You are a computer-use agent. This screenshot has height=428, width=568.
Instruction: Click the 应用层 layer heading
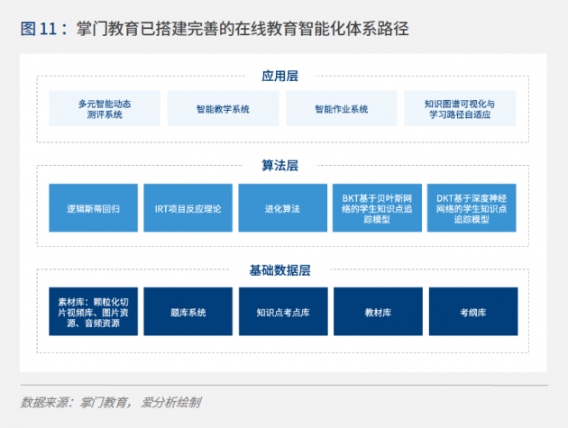(x=279, y=76)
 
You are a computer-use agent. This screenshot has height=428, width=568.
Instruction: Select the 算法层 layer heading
(x=279, y=166)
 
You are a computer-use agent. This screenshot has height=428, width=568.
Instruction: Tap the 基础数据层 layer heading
(x=279, y=270)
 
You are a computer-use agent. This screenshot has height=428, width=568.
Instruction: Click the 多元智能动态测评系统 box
(x=105, y=109)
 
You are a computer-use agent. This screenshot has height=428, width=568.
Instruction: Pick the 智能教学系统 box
(x=223, y=109)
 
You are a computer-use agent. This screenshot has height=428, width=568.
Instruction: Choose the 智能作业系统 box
(x=341, y=109)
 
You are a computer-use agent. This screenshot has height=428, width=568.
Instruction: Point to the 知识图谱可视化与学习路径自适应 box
(x=460, y=109)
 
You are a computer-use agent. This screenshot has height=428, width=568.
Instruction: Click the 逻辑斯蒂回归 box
(x=93, y=208)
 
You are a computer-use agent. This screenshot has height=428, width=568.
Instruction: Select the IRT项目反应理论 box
(x=188, y=208)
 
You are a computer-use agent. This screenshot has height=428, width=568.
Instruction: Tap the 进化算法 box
(x=282, y=208)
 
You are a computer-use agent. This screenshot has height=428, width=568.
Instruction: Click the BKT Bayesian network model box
(x=377, y=208)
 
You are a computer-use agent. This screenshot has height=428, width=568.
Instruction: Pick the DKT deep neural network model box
(x=472, y=208)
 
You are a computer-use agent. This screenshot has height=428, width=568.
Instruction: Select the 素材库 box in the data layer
(x=93, y=312)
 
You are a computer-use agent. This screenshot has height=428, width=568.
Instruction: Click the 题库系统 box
(x=188, y=312)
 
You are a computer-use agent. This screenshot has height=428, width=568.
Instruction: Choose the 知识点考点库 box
(x=283, y=312)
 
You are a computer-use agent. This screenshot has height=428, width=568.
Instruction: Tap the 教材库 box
(x=378, y=312)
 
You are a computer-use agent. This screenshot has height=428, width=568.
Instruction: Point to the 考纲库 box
(x=473, y=312)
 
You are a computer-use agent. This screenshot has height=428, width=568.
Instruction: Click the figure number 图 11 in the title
(x=39, y=29)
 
